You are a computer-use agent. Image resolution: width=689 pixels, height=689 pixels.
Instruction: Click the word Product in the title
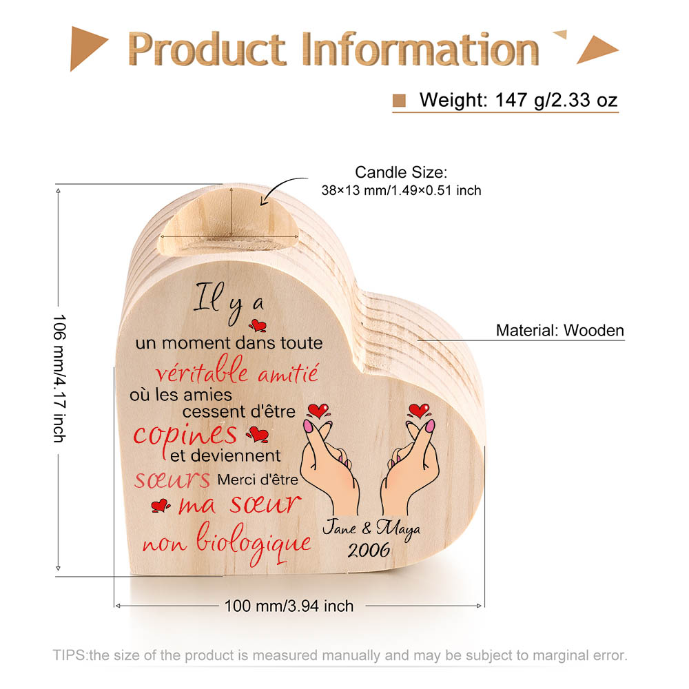point(207,49)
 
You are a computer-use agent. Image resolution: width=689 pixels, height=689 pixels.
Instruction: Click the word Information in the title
point(421,49)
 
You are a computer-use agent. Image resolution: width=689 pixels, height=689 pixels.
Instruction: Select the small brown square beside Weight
point(399,101)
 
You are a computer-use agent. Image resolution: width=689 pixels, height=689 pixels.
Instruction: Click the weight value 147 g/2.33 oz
point(556,100)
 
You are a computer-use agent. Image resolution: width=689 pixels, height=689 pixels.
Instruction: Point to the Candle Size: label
point(401,172)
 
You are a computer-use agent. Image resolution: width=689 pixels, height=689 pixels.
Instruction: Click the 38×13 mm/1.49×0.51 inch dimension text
point(401,190)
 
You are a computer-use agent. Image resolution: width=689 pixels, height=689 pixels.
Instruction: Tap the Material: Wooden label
point(559,330)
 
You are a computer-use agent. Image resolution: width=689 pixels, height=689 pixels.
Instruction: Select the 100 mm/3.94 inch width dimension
point(289,606)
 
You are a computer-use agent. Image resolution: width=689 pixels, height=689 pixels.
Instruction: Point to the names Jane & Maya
point(371,528)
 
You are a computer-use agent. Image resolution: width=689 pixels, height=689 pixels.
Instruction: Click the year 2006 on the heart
point(369,551)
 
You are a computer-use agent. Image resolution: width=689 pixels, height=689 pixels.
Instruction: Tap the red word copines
point(185,436)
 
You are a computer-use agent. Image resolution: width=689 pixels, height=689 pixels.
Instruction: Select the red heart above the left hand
point(318,411)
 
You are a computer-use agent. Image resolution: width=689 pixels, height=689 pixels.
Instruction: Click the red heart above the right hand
point(419,411)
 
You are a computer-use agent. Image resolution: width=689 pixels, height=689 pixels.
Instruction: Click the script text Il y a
point(229,302)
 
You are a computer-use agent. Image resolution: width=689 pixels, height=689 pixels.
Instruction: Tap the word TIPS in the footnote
point(70,655)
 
